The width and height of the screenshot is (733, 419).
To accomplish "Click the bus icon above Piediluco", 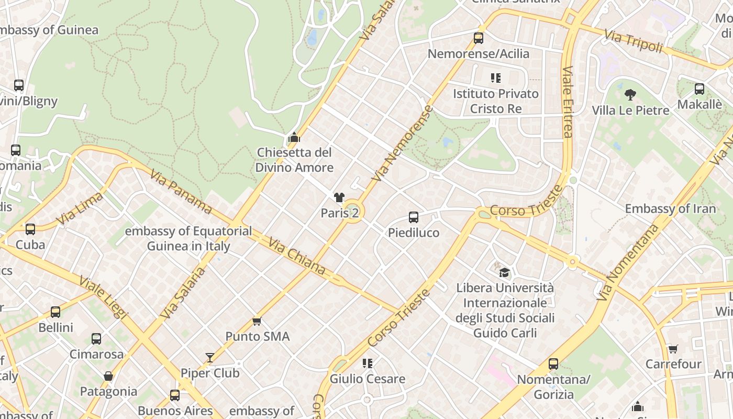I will pyautogui.click(x=414, y=217).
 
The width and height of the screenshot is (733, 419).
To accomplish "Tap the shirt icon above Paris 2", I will pyautogui.click(x=339, y=197).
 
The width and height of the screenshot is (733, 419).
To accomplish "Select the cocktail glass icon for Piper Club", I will pyautogui.click(x=210, y=358).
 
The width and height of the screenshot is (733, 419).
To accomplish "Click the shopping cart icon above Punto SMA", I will pyautogui.click(x=257, y=321).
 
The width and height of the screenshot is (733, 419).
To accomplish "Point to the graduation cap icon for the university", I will pyautogui.click(x=504, y=272).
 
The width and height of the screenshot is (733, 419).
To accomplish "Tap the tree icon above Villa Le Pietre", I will pyautogui.click(x=630, y=95).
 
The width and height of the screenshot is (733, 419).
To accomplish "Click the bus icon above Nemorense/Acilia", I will pyautogui.click(x=479, y=38).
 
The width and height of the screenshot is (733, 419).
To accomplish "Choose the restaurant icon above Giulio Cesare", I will pyautogui.click(x=367, y=363).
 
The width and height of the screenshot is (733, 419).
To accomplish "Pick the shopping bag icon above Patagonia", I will pyautogui.click(x=108, y=376).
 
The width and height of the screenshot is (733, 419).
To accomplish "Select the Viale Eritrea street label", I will pyautogui.click(x=568, y=102).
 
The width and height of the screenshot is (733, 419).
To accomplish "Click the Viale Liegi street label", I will pyautogui.click(x=104, y=297).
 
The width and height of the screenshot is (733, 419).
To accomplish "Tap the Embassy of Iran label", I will pyautogui.click(x=670, y=208).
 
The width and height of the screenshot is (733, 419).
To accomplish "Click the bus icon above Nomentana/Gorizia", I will pyautogui.click(x=553, y=363).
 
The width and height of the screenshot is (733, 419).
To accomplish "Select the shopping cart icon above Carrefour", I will pyautogui.click(x=673, y=348).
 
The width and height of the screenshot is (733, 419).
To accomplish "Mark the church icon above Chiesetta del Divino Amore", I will pyautogui.click(x=294, y=138).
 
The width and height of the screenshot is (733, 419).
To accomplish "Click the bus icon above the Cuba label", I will pyautogui.click(x=30, y=229).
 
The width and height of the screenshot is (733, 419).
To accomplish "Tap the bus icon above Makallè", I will pyautogui.click(x=699, y=89).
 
